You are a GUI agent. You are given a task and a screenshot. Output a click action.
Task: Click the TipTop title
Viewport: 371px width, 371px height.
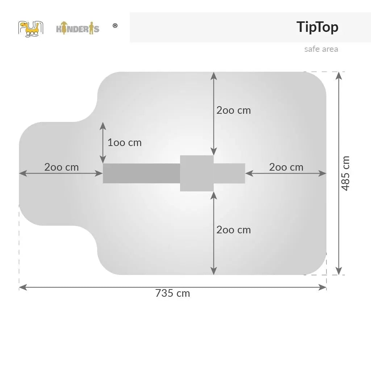[x=317, y=27]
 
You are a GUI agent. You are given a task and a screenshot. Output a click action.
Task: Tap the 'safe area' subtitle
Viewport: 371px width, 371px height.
[x=321, y=49]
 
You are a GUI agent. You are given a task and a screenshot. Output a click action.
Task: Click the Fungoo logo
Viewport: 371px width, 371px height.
[x=31, y=29]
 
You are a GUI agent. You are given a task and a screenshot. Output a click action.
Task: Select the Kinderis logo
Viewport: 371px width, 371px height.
[x=78, y=28]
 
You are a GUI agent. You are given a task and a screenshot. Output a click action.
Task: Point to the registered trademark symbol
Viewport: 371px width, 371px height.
[x=115, y=26]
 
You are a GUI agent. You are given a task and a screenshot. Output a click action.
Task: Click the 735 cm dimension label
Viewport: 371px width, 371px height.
[x=172, y=293]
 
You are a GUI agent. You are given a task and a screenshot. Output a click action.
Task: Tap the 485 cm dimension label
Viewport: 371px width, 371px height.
[x=345, y=173]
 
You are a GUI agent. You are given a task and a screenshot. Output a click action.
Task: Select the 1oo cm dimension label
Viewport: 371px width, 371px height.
[x=125, y=143]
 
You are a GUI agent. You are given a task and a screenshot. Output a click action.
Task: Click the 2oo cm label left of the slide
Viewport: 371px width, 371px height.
[x=62, y=167]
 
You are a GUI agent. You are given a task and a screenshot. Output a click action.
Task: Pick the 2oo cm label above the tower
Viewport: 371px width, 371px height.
[x=234, y=111]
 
